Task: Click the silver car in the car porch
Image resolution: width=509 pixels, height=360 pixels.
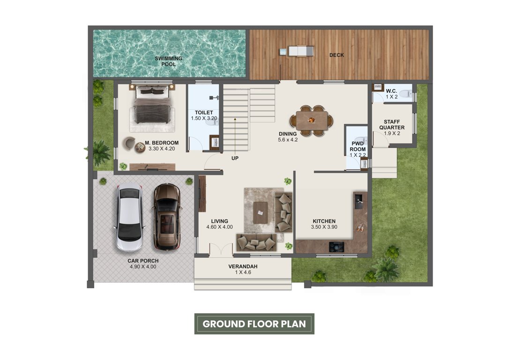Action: pos(129,218)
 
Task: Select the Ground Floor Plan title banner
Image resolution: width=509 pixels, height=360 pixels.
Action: pos(254,323)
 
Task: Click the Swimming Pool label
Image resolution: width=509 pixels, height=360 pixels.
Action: pos(169,61)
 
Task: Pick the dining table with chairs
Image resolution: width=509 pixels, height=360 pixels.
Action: pos(312,120)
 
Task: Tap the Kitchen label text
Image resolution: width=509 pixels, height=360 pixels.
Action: pos(324,221)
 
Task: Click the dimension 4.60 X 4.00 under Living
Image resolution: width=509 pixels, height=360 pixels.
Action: pos(219,227)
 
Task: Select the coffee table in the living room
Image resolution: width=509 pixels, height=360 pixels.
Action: pos(260,212)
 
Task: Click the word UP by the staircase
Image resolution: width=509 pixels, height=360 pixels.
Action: pos(235,158)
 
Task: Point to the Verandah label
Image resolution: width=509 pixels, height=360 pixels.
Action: pos(243,266)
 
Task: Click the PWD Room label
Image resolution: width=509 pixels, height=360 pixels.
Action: pos(358,147)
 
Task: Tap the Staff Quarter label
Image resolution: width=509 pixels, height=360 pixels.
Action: pos(391,124)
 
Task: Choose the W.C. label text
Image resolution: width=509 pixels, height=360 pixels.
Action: pos(391,91)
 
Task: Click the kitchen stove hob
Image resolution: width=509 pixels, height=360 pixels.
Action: pos(337,246)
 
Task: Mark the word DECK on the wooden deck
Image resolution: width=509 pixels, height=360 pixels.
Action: pos(337,55)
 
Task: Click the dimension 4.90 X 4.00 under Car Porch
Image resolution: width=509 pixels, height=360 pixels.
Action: pos(143,267)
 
